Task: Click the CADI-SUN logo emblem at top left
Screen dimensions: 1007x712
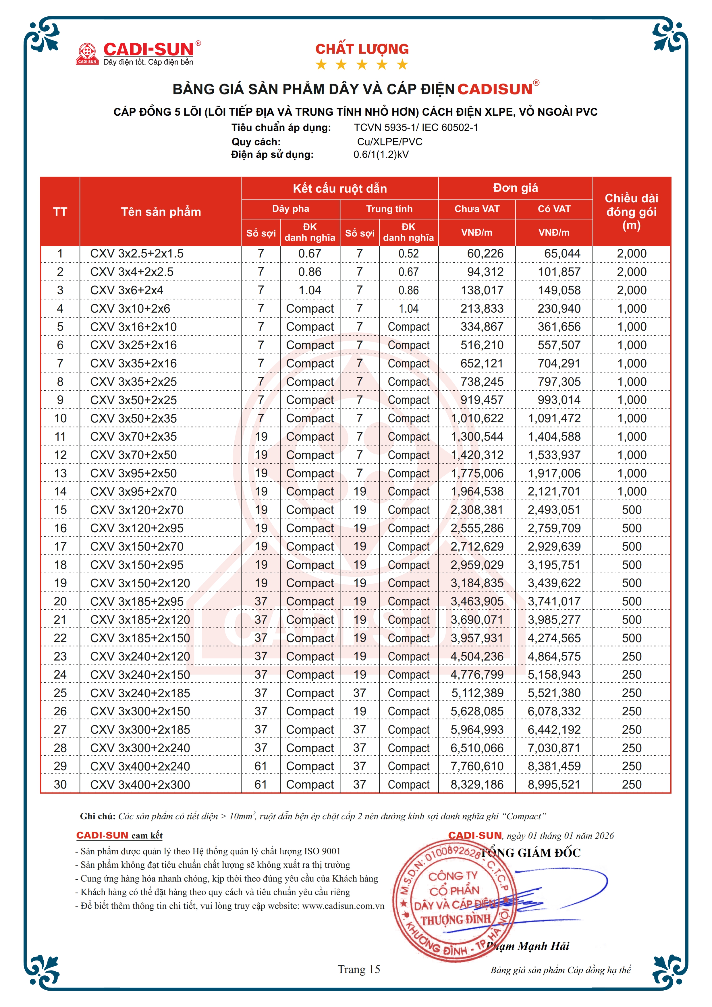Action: pos(87,53)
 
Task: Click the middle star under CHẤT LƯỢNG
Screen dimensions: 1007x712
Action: pos(362,65)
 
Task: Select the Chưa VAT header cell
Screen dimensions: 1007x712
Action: pos(477,209)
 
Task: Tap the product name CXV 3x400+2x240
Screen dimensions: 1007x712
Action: pos(140,766)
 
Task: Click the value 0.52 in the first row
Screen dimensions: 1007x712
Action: pos(408,253)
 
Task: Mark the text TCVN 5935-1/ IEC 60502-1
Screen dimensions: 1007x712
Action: pos(416,128)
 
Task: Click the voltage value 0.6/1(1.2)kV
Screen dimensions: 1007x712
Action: pos(381,154)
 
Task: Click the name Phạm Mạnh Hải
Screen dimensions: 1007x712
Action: pos(527,946)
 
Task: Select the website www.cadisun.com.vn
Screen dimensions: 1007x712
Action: pos(343,906)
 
